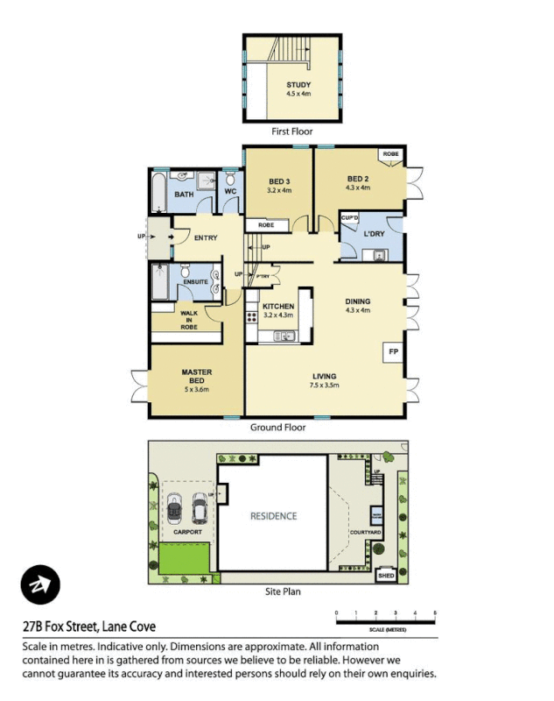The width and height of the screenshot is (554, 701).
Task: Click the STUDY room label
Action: tap(298, 85)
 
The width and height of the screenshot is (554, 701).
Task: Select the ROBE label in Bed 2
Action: tap(390, 154)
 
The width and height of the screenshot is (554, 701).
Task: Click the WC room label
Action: tap(230, 191)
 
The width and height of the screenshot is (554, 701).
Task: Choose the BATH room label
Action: tap(184, 195)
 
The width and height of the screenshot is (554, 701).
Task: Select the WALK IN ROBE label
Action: tap(190, 319)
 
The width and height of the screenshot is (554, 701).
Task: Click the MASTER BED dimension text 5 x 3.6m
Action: tap(198, 390)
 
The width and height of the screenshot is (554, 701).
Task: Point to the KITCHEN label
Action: tap(277, 306)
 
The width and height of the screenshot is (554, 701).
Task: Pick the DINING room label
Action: tap(358, 300)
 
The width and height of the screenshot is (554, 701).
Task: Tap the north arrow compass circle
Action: tap(39, 584)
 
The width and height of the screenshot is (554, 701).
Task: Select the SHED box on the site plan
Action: tap(385, 576)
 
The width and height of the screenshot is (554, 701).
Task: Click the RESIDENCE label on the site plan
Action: tap(273, 516)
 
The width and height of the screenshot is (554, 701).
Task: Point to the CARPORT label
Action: tap(186, 532)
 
